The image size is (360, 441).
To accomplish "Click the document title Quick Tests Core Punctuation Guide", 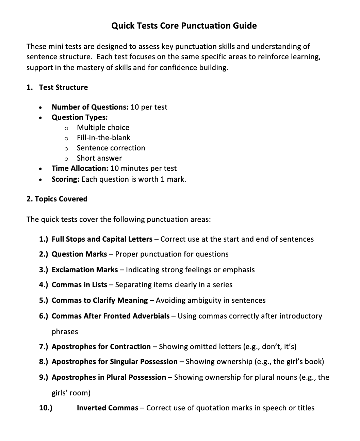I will [184, 26].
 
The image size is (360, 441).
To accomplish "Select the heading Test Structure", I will [63, 87].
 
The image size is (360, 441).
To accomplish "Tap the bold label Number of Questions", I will [90, 107].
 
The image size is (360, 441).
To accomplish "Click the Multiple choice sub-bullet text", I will [103, 128].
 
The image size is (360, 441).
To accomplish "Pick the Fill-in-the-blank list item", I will [103, 138].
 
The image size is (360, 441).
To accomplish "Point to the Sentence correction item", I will [111, 148].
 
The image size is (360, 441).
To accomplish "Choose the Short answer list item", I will [99, 158].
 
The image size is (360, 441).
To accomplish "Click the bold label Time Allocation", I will [80, 168].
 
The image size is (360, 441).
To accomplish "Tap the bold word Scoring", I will [65, 179].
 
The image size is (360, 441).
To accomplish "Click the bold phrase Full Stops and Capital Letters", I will [102, 239].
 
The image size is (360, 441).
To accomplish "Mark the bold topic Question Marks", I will [79, 254].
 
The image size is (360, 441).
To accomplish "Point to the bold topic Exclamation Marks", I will [85, 270].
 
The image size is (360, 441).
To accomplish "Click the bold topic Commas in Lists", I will [79, 285].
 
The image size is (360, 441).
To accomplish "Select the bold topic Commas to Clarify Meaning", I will [100, 300].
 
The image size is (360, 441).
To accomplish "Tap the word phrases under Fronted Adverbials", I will [65, 332].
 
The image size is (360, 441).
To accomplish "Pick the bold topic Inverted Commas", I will [108, 408].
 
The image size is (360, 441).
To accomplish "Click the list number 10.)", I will [46, 408].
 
